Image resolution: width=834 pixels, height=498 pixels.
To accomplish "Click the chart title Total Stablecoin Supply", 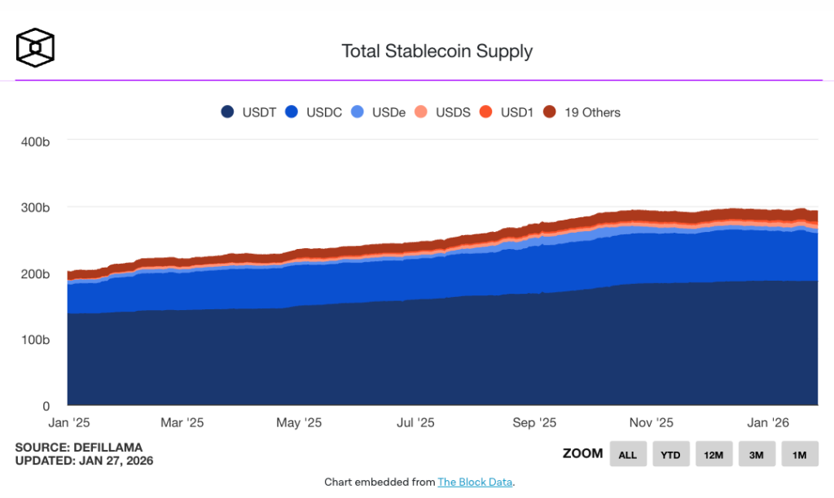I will tap(437, 51).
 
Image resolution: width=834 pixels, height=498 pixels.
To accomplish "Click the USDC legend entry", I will tap(315, 112).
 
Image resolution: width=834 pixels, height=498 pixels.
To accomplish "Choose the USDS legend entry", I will tap(443, 112).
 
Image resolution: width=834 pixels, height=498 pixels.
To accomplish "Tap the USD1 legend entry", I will tap(507, 112).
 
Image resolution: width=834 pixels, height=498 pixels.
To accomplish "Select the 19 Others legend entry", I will tap(582, 112).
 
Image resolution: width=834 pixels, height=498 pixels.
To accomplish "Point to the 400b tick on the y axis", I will tap(35, 142).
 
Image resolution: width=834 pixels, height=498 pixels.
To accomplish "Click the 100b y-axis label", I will tap(35, 340).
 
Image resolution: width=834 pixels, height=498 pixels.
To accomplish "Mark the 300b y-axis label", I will tap(35, 208).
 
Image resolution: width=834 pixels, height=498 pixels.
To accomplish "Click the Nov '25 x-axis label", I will tap(652, 423).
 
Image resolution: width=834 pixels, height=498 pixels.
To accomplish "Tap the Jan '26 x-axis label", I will tap(768, 423).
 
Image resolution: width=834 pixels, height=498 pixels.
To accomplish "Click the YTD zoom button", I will tap(671, 454).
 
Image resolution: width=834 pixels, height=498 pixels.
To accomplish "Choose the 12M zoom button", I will tap(713, 454).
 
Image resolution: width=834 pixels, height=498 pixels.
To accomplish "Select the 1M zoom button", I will tap(799, 454).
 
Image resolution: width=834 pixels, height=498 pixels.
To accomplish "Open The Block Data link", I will tap(475, 482).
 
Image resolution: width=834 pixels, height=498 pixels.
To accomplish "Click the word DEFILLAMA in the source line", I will tap(110, 448).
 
